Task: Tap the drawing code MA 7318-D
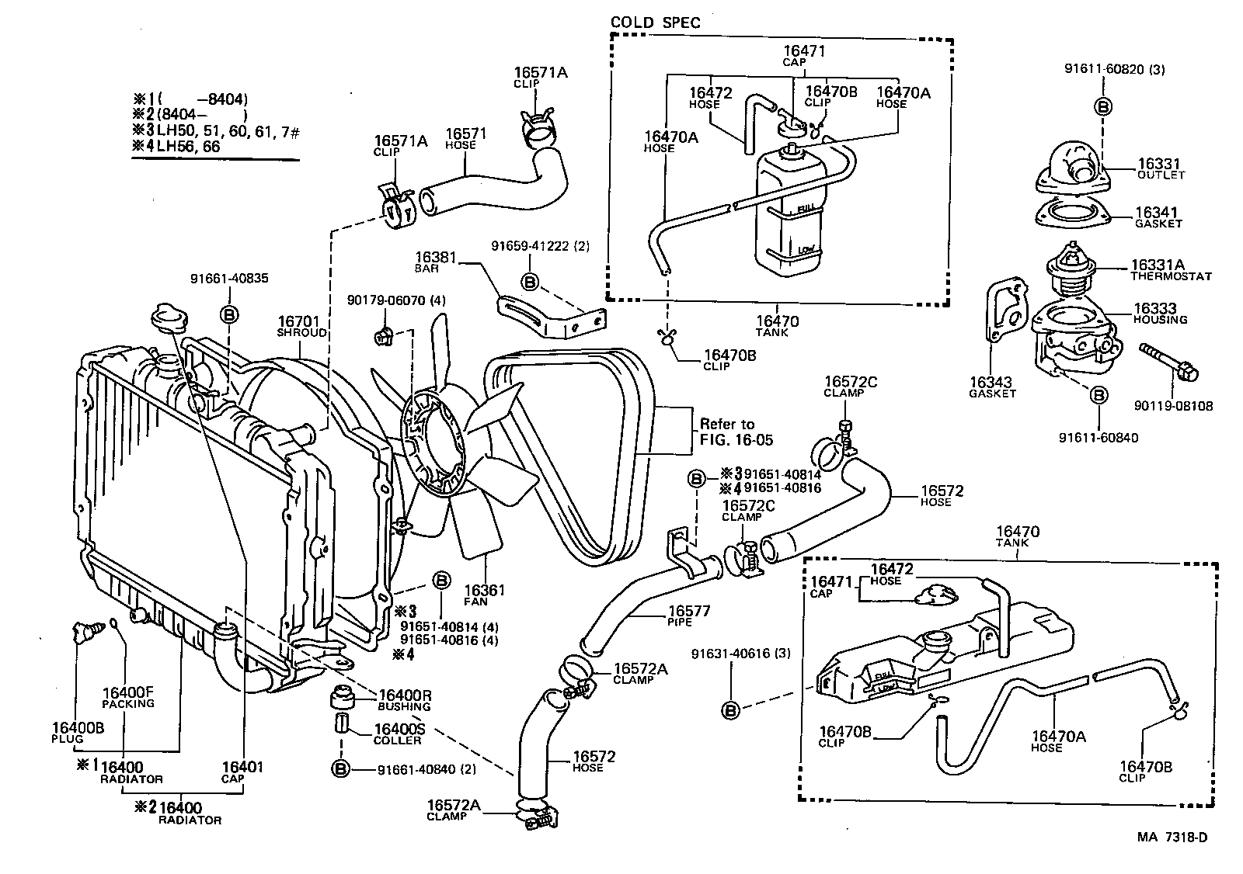click(1172, 837)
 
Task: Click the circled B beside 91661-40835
click(230, 314)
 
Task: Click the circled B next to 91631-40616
click(730, 709)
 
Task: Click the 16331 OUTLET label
click(1161, 168)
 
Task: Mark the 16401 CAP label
click(243, 772)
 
